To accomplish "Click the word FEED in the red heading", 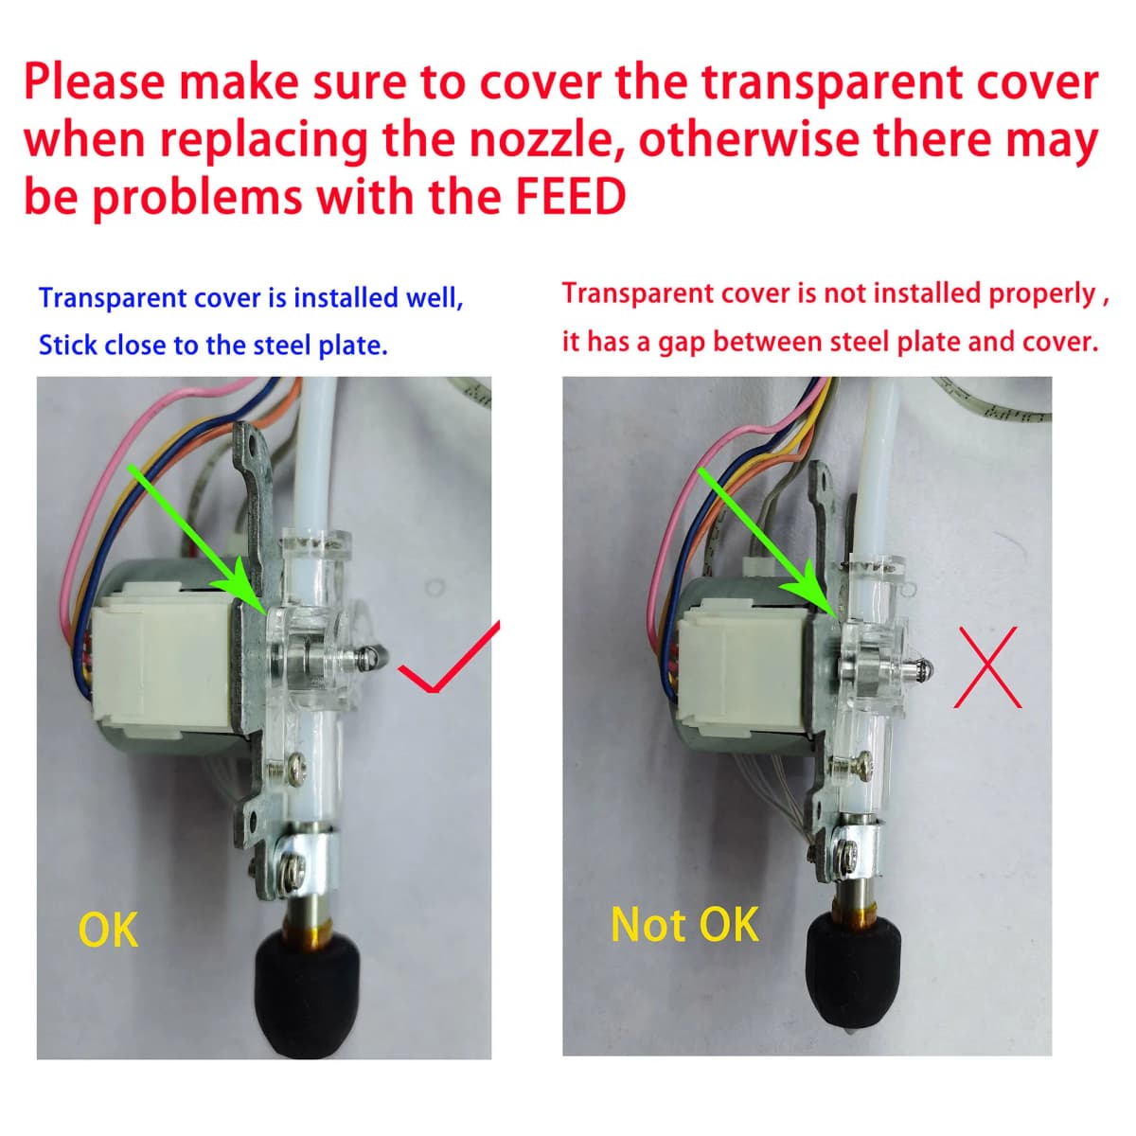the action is pyautogui.click(x=571, y=197).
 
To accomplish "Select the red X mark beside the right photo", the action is pyautogui.click(x=988, y=667).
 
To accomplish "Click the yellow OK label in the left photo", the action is pyautogui.click(x=109, y=931).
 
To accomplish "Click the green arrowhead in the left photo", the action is pyautogui.click(x=241, y=587).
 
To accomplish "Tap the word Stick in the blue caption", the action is pyautogui.click(x=67, y=346).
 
